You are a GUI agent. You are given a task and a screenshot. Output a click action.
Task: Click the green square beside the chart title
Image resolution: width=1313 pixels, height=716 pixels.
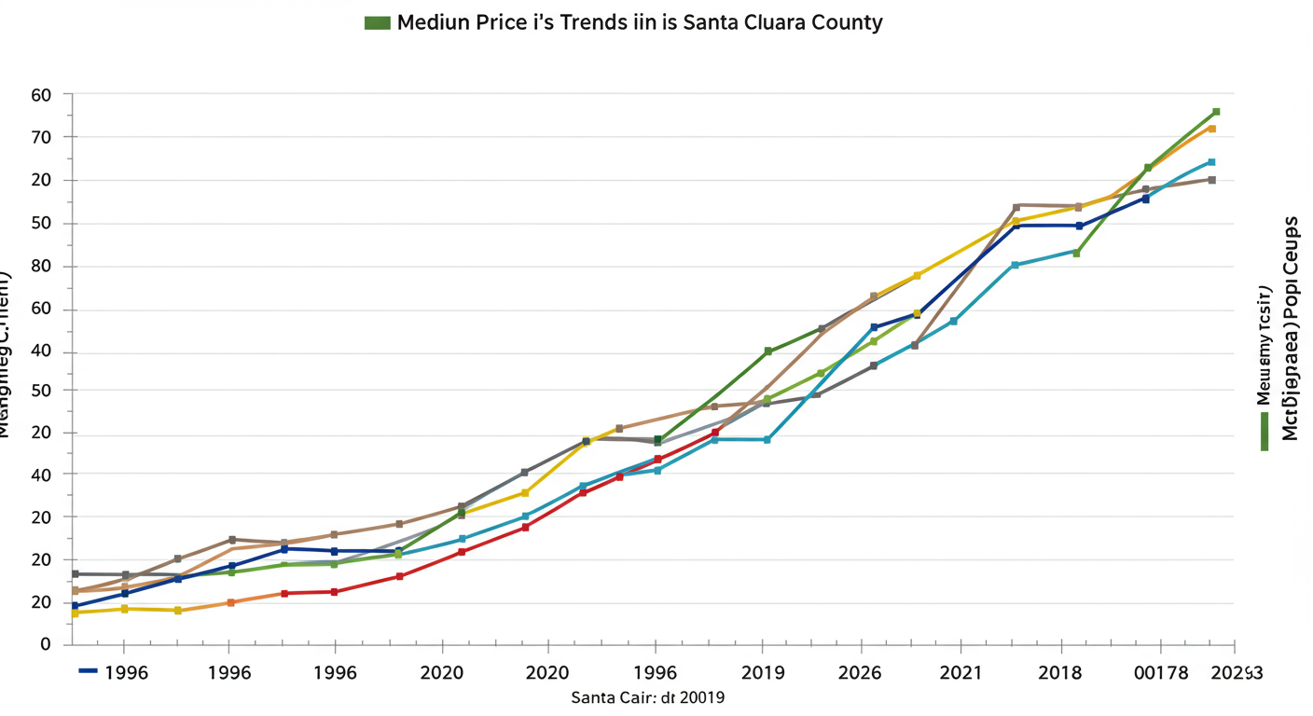[377, 22]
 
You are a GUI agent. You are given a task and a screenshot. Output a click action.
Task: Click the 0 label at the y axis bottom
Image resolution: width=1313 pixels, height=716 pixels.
[44, 645]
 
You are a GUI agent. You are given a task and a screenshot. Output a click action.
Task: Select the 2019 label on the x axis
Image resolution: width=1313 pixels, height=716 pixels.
[762, 673]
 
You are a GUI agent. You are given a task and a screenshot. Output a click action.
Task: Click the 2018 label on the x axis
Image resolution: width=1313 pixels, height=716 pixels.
[1064, 673]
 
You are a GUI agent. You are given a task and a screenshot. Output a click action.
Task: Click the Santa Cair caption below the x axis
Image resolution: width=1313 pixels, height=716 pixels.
[648, 697]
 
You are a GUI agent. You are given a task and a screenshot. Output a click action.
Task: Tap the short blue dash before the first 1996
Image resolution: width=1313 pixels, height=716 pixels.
[89, 671]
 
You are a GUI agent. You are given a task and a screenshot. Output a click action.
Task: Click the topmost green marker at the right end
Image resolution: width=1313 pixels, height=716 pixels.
[1216, 112]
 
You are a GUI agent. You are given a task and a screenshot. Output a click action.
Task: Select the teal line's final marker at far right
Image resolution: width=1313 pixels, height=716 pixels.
[1211, 162]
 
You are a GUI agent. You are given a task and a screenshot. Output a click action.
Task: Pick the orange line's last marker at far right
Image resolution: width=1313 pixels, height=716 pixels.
[1211, 129]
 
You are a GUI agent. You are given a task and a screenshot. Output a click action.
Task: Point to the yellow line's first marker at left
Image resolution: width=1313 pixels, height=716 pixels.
[75, 613]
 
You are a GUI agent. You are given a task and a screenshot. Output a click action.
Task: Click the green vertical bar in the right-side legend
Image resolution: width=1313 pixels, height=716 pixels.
[1264, 431]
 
